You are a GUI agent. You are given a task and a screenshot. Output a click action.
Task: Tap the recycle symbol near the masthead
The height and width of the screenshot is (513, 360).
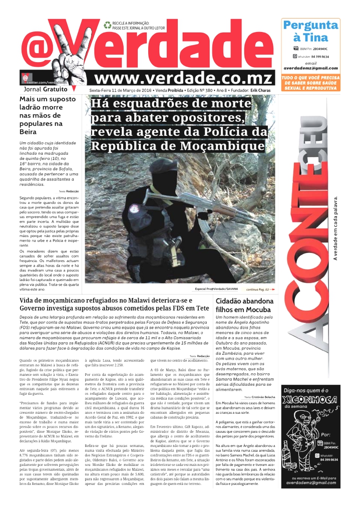coord(107,24)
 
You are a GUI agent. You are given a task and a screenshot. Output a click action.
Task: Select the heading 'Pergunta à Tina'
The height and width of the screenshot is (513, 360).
coord(310,31)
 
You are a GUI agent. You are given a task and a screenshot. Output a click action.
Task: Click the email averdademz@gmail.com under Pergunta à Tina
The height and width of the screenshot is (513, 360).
coord(310,68)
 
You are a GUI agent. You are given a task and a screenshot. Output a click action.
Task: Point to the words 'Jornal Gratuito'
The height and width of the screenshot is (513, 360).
coord(46,89)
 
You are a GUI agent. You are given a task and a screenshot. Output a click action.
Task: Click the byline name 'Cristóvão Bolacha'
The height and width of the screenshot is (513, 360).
coord(263,397)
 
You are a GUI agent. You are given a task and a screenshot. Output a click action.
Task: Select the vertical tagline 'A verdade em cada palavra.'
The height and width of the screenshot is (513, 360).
coord(335,228)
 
